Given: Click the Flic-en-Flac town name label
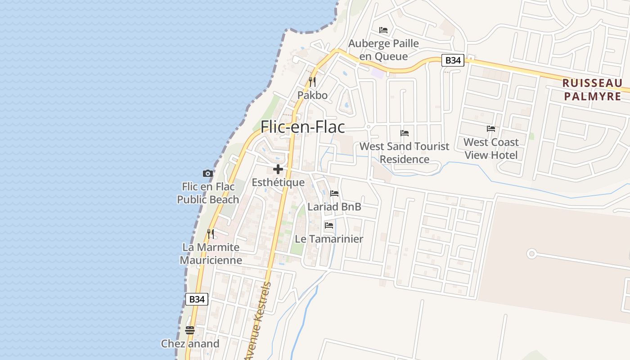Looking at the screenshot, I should [303, 127].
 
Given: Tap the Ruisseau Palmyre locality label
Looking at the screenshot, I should [592, 90].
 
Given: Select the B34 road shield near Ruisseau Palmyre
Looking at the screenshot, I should [452, 60].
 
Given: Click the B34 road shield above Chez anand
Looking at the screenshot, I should [197, 299].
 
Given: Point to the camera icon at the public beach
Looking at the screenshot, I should [207, 173].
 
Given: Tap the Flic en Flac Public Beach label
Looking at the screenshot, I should [208, 193].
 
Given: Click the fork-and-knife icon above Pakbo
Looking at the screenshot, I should [312, 82].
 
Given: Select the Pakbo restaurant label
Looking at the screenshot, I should [312, 95].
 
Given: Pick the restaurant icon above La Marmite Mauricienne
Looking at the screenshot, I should [211, 234].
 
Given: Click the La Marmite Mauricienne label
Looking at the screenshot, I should [211, 254].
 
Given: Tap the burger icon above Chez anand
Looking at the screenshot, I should [190, 330].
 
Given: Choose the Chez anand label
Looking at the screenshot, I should [190, 344].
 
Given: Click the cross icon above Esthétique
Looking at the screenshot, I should [278, 169].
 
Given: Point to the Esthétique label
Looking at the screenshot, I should [278, 183].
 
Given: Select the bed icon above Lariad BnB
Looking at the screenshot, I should [334, 193].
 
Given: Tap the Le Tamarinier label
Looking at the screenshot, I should [329, 239].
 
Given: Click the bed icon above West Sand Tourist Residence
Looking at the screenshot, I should [405, 133].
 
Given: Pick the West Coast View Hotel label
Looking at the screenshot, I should [491, 148].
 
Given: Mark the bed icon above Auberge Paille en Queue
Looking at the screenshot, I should [383, 30].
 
